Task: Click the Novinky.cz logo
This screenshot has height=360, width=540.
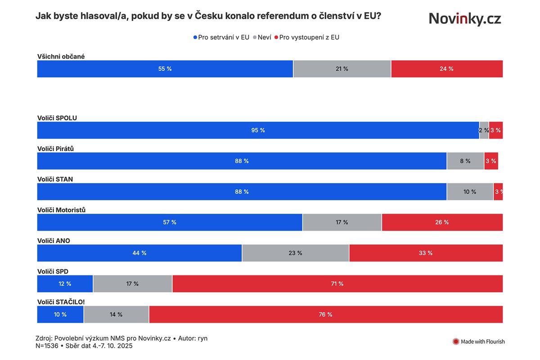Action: pyautogui.click(x=464, y=18)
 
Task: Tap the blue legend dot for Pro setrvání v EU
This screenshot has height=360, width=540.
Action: pyautogui.click(x=195, y=37)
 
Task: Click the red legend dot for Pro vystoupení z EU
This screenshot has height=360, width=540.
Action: pyautogui.click(x=276, y=37)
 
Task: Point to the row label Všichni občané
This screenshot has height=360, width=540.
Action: pyautogui.click(x=61, y=57)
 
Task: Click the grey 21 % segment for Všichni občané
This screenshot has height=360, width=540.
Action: pyautogui.click(x=342, y=69)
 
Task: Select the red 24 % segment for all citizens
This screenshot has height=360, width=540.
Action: pyautogui.click(x=447, y=69)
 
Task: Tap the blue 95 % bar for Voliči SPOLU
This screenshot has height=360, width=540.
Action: pyautogui.click(x=258, y=130)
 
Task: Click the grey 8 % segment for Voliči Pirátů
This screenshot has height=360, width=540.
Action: pyautogui.click(x=465, y=161)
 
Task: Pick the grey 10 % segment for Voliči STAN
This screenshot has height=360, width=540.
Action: pyautogui.click(x=470, y=192)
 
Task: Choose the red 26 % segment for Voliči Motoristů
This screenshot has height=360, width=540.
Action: pyautogui.click(x=442, y=222)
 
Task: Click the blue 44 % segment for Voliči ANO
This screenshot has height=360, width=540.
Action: pyautogui.click(x=139, y=253)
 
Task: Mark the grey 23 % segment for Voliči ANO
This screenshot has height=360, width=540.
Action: pyautogui.click(x=295, y=253)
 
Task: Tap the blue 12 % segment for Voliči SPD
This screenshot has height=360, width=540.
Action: pyautogui.click(x=65, y=283)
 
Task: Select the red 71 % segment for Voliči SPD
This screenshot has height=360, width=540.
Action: pyautogui.click(x=337, y=283)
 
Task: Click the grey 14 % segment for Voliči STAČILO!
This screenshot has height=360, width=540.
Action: pyautogui.click(x=116, y=315)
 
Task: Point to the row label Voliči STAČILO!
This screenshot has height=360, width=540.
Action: pyautogui.click(x=60, y=302)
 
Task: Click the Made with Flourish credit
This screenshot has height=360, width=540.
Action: pyautogui.click(x=478, y=342)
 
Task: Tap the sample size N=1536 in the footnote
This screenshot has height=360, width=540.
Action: pyautogui.click(x=49, y=346)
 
